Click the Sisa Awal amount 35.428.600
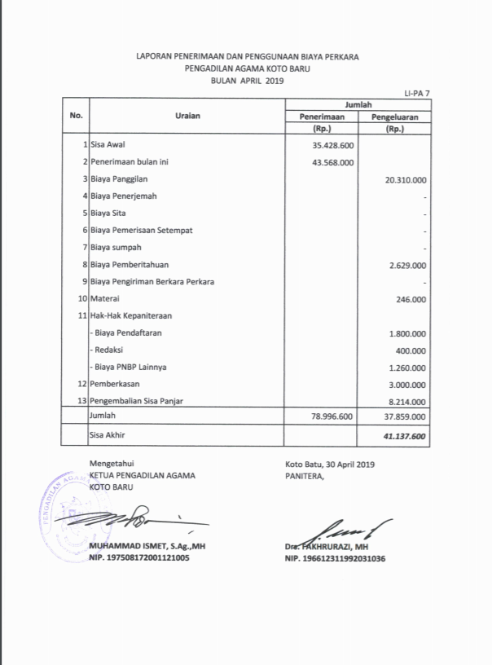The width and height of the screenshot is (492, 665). click(x=332, y=145)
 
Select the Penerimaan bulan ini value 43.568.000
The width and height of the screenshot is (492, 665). click(x=332, y=162)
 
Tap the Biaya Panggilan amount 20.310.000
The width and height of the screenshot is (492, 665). click(x=406, y=179)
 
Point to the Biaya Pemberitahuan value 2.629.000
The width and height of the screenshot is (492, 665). click(x=408, y=265)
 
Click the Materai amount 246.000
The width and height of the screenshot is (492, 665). click(x=411, y=299)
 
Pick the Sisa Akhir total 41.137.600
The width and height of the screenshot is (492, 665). click(x=405, y=437)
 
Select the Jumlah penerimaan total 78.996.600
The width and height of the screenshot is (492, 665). click(x=332, y=416)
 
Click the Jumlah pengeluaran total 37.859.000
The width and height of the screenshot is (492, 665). click(x=406, y=416)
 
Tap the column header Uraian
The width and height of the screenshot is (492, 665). click(x=187, y=116)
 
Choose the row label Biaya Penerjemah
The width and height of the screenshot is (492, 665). click(x=124, y=196)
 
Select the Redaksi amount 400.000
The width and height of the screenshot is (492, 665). click(x=411, y=350)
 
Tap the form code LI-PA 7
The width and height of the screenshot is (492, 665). click(x=417, y=95)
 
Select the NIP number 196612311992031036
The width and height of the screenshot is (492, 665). click(x=335, y=559)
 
